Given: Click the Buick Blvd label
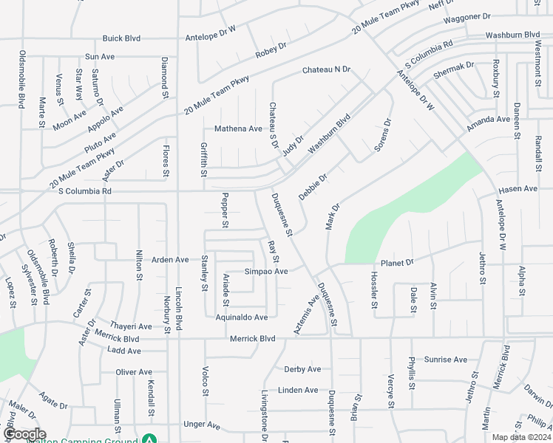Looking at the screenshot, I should pos(121,38).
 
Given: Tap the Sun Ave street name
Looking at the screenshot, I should pos(100,56).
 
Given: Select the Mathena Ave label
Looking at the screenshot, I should pos(238,128).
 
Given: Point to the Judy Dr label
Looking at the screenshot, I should pos(294,146).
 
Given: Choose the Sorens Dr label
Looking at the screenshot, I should pos(381,135).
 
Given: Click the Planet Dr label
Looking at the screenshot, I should pos(396,263).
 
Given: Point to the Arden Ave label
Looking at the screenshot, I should pos(170,259).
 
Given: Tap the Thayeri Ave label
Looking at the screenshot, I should pos(130,326).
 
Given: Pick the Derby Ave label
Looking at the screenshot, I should pos(302,369).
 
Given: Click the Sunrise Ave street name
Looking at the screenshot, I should pos(446,360).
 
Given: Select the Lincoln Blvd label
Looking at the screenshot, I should pos(178,309).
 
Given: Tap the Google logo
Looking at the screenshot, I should pos(25,434).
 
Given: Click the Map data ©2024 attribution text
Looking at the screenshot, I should pos(521,437).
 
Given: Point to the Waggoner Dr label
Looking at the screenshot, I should pos(467,16).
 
